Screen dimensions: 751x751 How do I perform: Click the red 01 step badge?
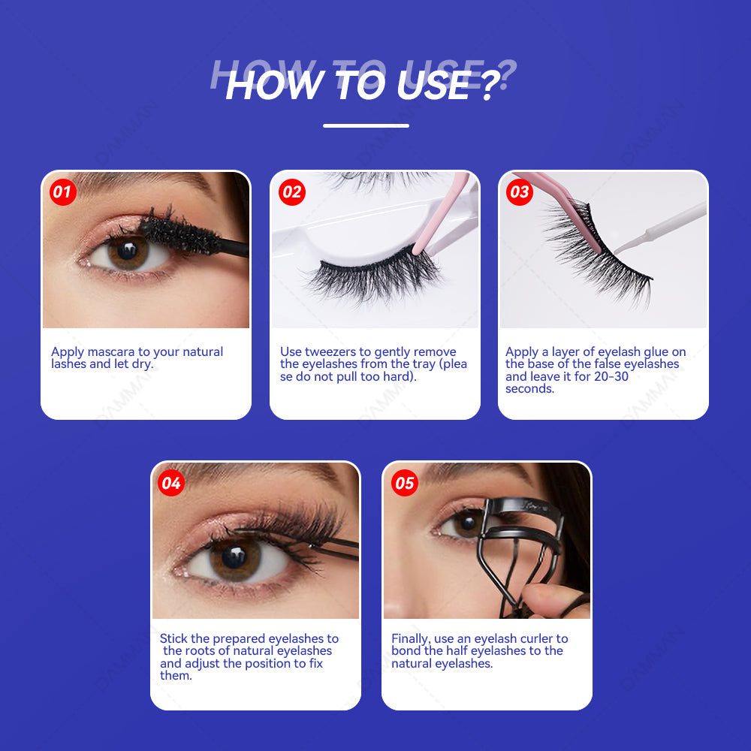coord(62,192)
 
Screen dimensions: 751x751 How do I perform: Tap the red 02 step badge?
coord(291,192)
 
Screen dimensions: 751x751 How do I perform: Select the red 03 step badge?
coord(520,192)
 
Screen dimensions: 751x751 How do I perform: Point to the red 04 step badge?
coord(172,483)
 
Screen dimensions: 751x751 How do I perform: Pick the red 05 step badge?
coord(404,483)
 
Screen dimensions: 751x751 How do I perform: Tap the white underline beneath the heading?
coord(366,125)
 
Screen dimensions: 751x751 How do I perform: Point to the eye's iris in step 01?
coord(128,252)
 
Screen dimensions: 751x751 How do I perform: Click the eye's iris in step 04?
coord(234,557)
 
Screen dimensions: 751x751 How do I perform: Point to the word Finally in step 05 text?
coord(411,639)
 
